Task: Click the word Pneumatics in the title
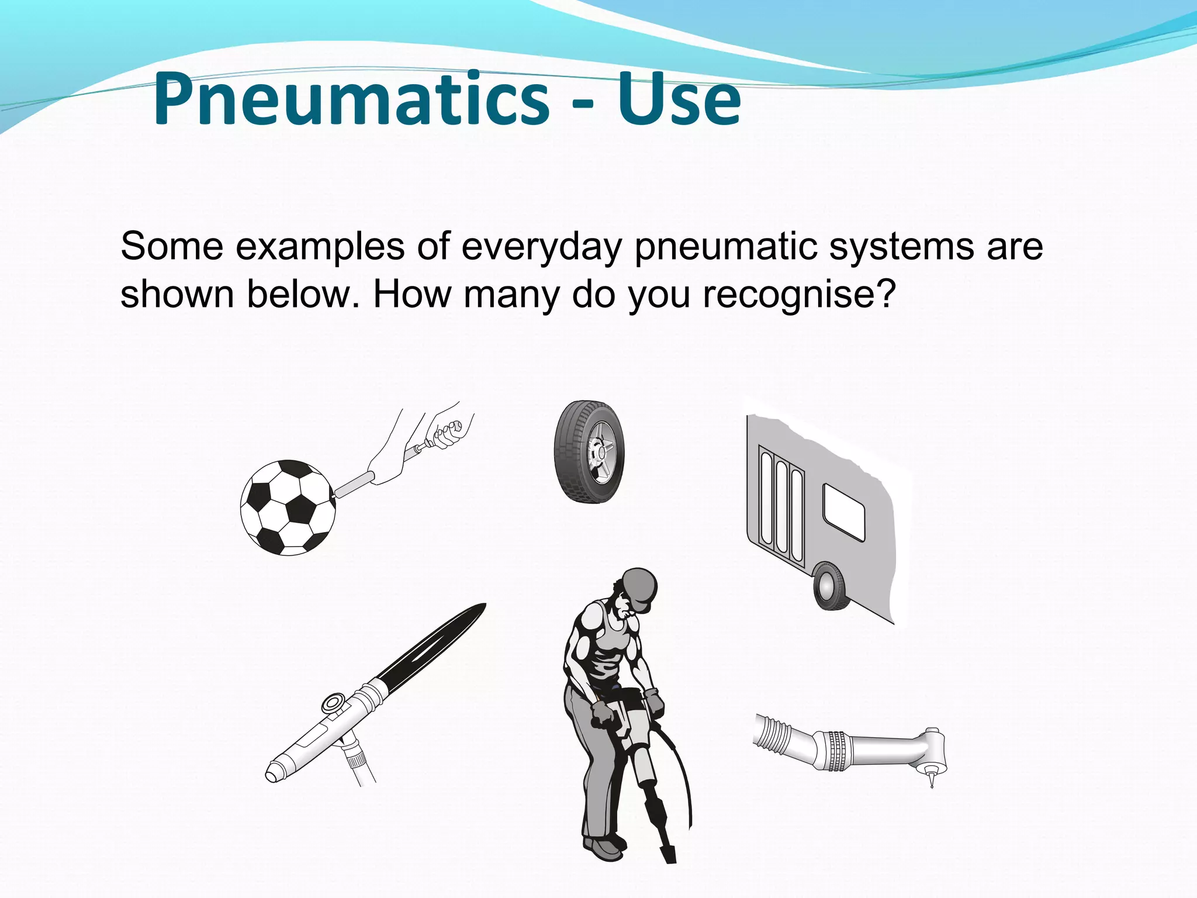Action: pyautogui.click(x=351, y=99)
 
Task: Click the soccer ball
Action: pyautogui.click(x=288, y=507)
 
